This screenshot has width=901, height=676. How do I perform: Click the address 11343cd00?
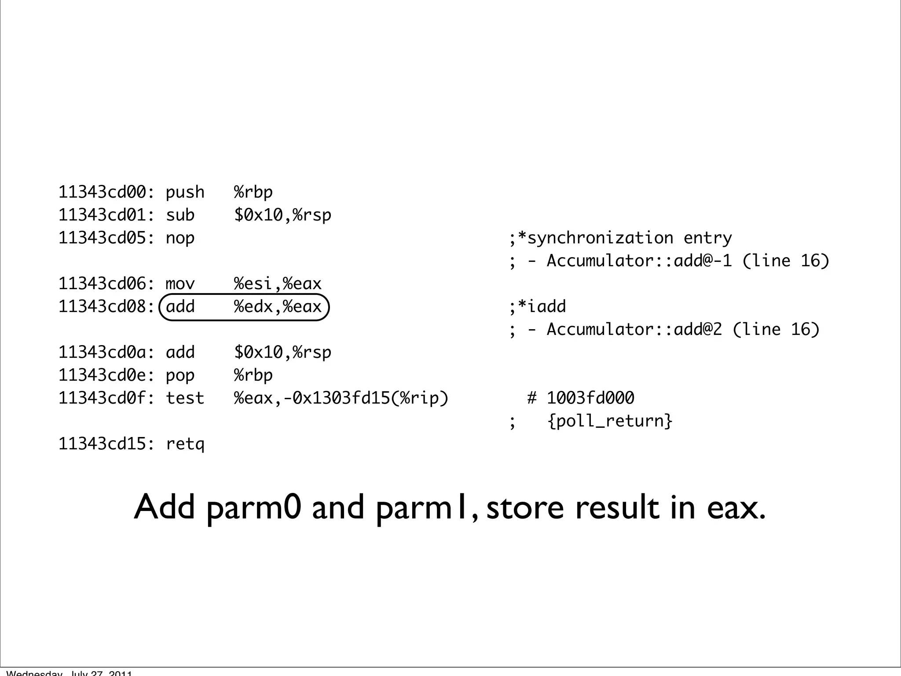tap(106, 192)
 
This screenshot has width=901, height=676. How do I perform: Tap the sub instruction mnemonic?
tap(180, 215)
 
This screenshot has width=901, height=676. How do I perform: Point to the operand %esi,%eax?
tap(278, 284)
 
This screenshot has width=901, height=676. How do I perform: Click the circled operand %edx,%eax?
tap(278, 307)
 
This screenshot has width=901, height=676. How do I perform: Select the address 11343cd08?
tap(106, 307)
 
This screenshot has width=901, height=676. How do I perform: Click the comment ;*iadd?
tap(538, 307)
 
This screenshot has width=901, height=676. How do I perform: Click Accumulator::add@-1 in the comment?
tap(639, 261)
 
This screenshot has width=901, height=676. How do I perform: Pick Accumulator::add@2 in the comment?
tap(634, 330)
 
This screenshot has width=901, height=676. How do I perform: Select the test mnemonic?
tap(185, 398)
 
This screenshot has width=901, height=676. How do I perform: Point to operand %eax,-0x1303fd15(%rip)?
tap(341, 398)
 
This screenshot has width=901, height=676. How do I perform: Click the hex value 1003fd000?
tap(590, 398)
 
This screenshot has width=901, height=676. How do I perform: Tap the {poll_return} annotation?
tap(610, 421)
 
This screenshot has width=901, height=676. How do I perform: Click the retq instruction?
tap(185, 444)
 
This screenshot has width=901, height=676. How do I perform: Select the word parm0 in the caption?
tap(253, 508)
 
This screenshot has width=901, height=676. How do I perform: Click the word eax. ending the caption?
tap(736, 508)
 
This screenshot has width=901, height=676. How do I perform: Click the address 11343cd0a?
tap(106, 353)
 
